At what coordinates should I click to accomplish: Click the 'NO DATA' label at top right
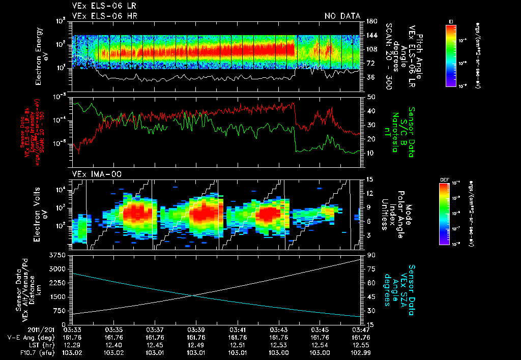[342, 16]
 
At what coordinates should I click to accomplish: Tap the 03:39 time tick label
[196, 329]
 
